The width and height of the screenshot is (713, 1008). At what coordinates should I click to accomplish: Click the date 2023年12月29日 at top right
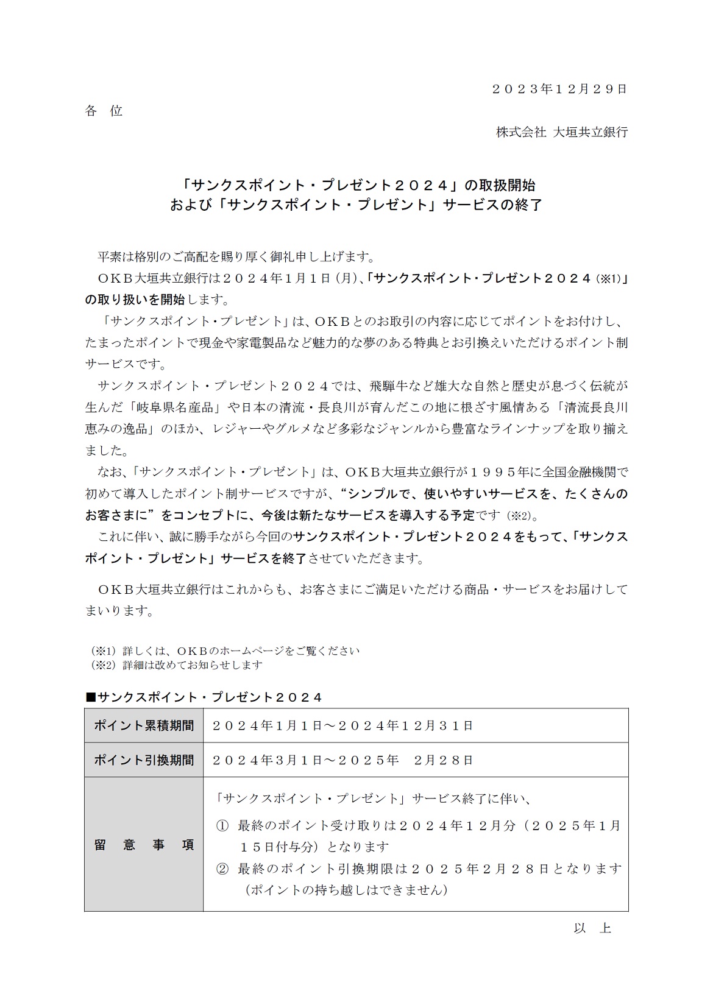coord(559,89)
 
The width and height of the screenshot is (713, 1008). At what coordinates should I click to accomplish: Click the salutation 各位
coord(104,111)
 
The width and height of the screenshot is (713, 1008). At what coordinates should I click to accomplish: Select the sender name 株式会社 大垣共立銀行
coord(561,132)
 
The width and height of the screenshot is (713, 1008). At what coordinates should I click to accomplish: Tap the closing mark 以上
coord(592,928)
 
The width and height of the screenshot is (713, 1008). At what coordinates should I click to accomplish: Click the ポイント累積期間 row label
coord(144,725)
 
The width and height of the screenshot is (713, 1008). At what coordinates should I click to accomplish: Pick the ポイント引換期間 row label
coord(144,760)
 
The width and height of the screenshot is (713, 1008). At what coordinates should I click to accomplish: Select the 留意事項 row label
coord(144,845)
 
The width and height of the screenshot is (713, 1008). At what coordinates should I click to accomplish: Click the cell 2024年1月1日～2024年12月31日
coord(342,725)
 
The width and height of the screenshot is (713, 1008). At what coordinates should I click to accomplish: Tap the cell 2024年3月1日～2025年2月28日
coord(342,760)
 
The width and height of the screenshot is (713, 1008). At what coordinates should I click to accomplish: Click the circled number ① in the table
coord(222,826)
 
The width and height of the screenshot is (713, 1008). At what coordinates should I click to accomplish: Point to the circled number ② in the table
coord(222,869)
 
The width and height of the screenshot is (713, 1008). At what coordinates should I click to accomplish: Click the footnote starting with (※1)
coord(225,650)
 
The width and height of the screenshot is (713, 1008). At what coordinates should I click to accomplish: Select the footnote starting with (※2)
coord(177,664)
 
